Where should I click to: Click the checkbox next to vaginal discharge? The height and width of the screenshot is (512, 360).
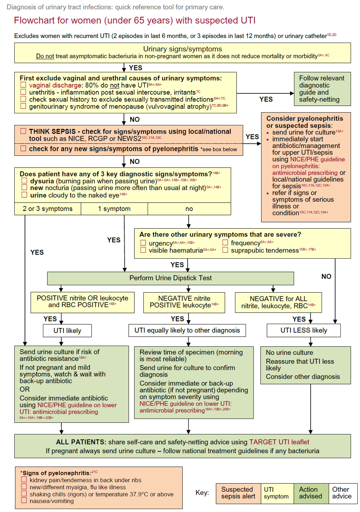tap(23, 85)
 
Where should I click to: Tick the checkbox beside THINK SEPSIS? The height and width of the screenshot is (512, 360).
tap(23, 131)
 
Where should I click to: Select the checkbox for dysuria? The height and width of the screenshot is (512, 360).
tap(24, 181)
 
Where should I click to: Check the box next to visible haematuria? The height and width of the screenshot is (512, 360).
tap(143, 250)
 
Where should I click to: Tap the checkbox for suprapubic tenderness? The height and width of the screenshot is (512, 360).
tap(225, 250)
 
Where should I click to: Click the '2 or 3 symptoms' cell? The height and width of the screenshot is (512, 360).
tap(48, 209)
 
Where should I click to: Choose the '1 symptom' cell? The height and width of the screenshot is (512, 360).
tap(114, 209)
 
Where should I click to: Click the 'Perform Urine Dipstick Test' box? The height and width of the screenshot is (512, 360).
tap(170, 278)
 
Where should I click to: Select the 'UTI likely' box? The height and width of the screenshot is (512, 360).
tap(67, 330)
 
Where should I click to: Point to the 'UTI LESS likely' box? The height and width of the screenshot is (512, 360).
tap(304, 330)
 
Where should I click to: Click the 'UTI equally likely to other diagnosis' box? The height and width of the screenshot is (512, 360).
tap(187, 330)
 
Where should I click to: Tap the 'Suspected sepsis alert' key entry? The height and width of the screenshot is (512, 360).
tap(238, 493)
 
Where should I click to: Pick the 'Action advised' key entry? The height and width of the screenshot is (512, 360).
tap(311, 493)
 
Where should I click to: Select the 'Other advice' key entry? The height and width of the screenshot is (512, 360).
tap(342, 493)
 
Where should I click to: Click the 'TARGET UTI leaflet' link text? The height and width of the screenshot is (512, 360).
tap(279, 442)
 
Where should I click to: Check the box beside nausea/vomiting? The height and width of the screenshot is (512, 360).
tap(24, 501)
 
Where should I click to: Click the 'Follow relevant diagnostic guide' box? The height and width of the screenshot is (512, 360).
tap(322, 89)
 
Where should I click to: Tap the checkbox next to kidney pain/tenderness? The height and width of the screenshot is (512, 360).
tap(24, 480)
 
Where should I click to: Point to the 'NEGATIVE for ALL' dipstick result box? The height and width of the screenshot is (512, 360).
tap(278, 302)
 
